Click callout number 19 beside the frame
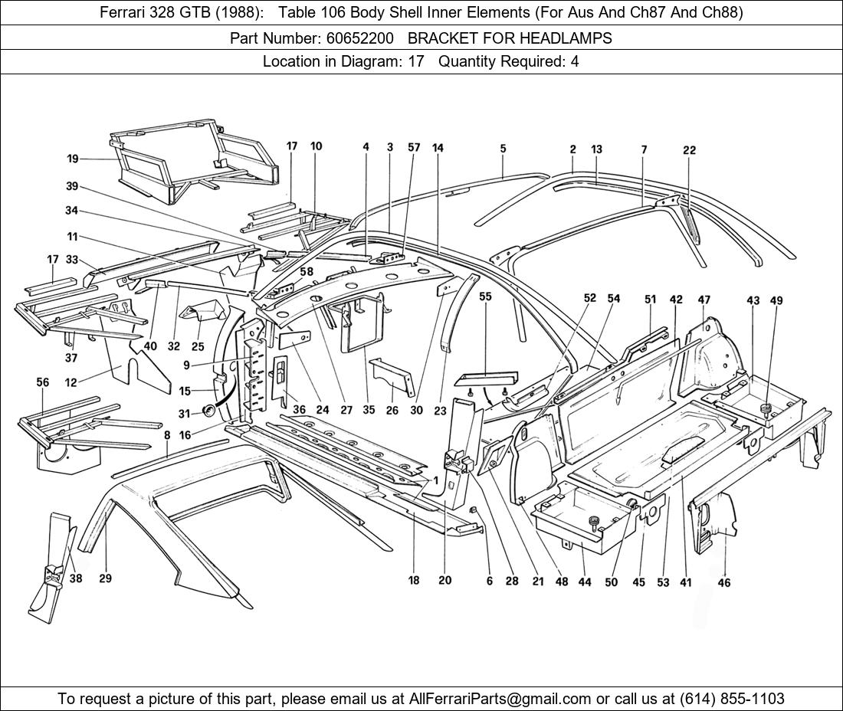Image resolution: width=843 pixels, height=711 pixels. pos(73,159)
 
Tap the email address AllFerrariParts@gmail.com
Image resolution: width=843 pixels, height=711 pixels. pos(500,699)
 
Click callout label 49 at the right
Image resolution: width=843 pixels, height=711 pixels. pos(776,301)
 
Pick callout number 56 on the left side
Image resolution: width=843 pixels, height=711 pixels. pos(43,382)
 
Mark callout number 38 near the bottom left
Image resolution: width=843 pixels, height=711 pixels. pos(75,578)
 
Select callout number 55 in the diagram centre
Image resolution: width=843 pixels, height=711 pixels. pos(485,297)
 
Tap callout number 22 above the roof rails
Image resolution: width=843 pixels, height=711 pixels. pos(689,150)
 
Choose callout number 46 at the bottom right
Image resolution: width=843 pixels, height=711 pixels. pos(724,582)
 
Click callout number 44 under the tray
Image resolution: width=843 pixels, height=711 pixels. pos(585,582)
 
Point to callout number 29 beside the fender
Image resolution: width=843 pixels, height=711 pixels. pos(105,578)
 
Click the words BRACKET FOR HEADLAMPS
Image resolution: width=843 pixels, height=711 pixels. pos(510,38)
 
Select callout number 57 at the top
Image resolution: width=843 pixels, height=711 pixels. pos(414,147)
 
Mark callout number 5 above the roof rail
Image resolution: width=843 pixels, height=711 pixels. pos(503,149)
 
